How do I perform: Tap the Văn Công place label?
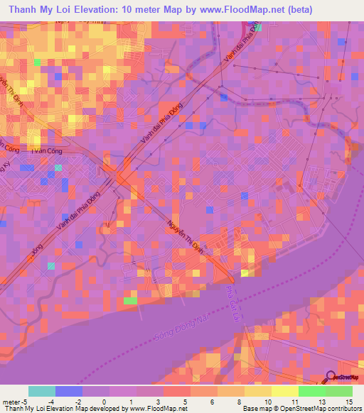29,152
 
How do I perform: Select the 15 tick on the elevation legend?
353,402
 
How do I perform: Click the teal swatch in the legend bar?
42,391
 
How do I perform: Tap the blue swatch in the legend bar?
69,391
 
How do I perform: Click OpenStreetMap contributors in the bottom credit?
328,409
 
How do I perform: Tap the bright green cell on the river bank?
130,301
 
